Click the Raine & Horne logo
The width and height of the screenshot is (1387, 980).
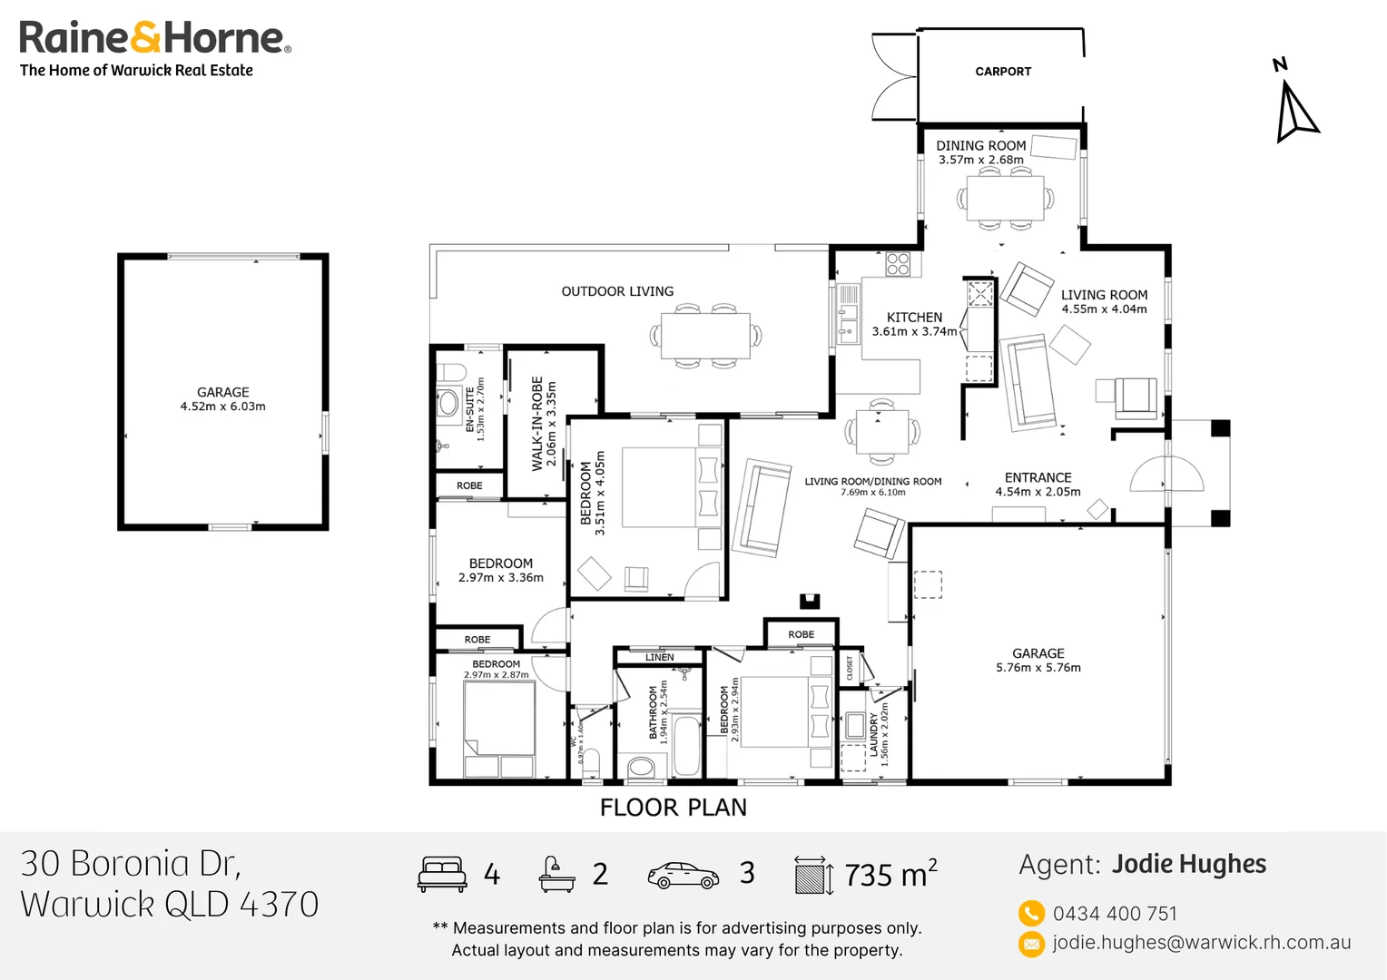pos(154,39)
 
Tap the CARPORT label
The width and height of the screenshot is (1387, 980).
pos(1003,72)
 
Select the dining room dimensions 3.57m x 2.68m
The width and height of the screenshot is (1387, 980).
pos(980,161)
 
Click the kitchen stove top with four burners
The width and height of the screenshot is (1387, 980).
pos(898,264)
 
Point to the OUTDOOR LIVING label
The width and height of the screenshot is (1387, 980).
pos(617,291)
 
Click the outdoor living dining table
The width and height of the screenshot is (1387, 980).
pos(705,336)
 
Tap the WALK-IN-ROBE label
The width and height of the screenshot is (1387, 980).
pos(537,423)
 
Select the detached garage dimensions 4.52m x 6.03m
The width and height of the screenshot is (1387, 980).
pos(222,407)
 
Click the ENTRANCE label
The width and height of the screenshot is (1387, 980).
pos(1038,477)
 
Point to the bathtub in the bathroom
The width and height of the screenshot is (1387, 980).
pos(686,745)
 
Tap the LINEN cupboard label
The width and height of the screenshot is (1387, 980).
pos(659,657)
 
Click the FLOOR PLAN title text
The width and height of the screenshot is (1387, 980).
pos(673,808)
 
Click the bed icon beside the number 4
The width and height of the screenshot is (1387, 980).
pos(442,874)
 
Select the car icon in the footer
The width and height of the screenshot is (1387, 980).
pos(683,875)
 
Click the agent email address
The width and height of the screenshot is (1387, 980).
pos(1201,943)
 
